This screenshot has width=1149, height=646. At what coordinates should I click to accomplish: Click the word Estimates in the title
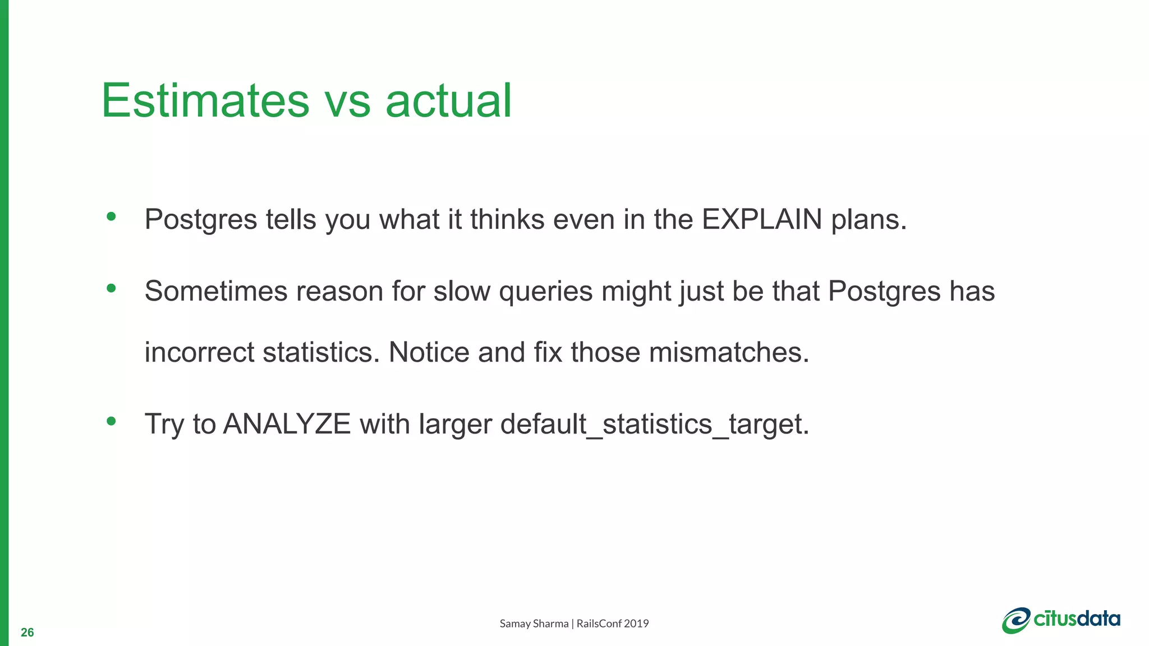[205, 101]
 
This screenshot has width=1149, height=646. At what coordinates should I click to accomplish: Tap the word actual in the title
[448, 101]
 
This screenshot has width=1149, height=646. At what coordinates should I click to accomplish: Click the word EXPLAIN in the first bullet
[761, 219]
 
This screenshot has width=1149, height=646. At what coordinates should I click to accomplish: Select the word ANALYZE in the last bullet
[287, 424]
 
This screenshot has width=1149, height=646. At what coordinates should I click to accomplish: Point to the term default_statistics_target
[654, 424]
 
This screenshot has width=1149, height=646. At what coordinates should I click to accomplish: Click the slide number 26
[27, 633]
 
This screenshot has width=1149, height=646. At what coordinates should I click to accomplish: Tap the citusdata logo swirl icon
[1016, 621]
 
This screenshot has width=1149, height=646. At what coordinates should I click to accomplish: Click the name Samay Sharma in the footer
[534, 624]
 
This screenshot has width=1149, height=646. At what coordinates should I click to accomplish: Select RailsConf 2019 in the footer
[613, 624]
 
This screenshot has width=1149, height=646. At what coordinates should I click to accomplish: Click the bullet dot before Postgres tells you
[111, 216]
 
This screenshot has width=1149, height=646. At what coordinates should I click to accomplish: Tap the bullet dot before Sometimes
[111, 288]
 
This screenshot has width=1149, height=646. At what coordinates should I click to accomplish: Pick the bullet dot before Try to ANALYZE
[111, 421]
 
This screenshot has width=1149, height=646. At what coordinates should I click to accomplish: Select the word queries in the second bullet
[545, 292]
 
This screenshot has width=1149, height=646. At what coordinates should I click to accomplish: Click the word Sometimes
[216, 292]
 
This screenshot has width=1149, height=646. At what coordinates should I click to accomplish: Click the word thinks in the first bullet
[507, 219]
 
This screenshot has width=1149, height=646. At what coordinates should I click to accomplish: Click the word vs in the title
[347, 101]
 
